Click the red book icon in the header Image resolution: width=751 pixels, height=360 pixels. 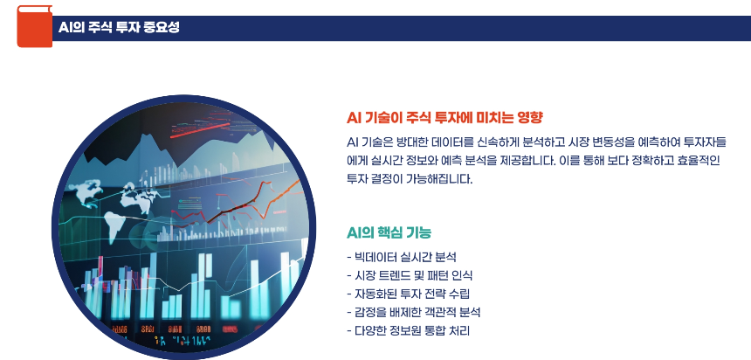click(x=34, y=26)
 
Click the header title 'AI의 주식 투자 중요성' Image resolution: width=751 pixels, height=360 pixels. click(x=119, y=27)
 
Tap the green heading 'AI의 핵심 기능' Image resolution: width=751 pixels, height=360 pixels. click(x=389, y=232)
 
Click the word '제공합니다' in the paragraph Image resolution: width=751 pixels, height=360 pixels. click(x=516, y=161)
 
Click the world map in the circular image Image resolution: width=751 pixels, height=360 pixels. click(x=122, y=197)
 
